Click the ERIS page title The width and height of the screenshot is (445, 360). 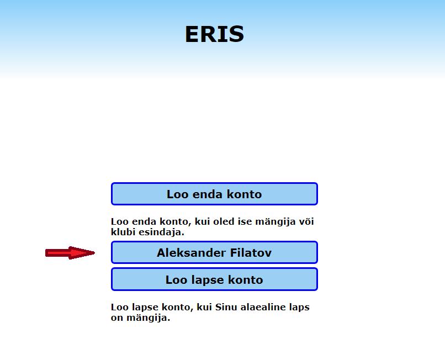click(x=214, y=34)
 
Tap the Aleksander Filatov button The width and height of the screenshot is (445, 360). click(x=214, y=252)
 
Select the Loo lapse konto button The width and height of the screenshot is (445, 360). click(x=214, y=279)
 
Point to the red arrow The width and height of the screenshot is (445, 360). click(x=70, y=253)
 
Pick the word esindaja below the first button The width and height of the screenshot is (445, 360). click(x=161, y=232)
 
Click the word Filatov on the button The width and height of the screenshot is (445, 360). click(x=251, y=253)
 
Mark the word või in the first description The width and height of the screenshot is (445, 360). click(x=306, y=221)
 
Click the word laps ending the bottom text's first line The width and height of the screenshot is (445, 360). click(x=299, y=307)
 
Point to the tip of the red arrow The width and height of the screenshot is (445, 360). click(x=95, y=253)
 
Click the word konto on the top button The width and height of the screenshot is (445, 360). click(x=244, y=194)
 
